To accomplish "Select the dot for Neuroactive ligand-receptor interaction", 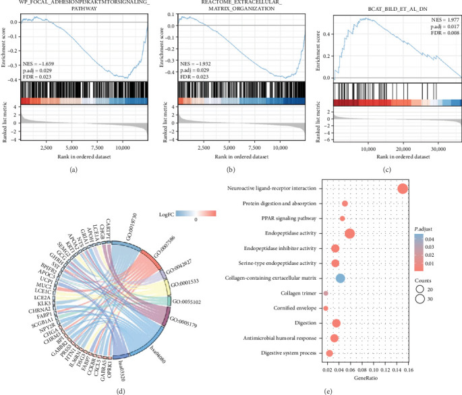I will tap(403, 189).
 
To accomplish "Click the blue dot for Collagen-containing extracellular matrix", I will tap(340, 278).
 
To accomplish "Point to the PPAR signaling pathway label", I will tap(287, 218).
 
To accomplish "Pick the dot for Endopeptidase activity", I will tap(349, 233).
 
